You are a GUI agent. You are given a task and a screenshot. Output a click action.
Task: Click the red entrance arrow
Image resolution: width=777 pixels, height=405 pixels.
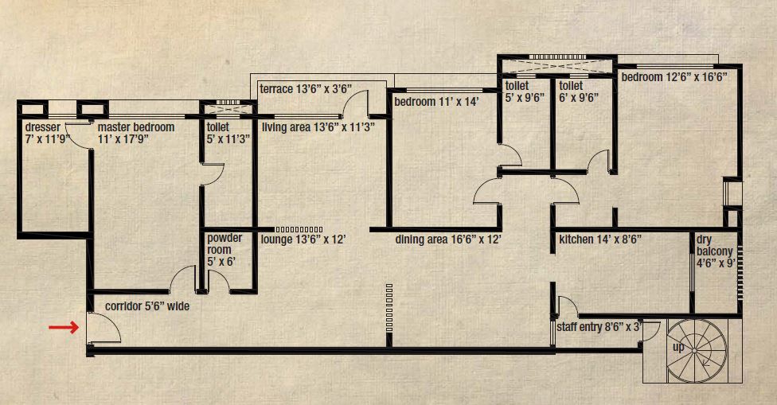coord(64,326)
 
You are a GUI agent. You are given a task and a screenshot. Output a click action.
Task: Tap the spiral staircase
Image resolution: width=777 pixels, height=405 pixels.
coord(695,349)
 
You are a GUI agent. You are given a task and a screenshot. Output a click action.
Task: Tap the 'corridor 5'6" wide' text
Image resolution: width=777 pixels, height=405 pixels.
coord(147,306)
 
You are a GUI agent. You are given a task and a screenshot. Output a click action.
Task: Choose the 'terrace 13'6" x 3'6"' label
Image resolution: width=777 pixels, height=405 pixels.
coord(306,89)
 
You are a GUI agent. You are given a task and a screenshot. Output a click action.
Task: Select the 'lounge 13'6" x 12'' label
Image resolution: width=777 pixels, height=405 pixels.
coord(304,239)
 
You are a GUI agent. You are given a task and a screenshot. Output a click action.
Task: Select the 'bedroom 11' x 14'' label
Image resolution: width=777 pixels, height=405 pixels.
coord(435,102)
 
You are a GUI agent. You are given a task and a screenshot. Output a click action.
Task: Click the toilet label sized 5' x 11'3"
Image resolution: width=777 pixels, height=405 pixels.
coord(228,132)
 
